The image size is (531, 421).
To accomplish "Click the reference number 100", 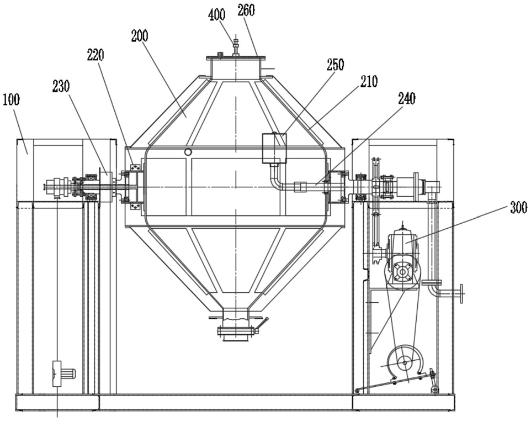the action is [11, 100].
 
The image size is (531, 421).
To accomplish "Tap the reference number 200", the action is [140, 35].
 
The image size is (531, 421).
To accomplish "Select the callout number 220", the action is [95, 55].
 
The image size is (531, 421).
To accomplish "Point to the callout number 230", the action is [61, 86].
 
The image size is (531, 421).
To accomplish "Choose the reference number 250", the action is [335, 65].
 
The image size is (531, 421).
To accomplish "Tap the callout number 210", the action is [369, 81].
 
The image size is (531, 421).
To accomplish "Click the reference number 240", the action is [407, 99].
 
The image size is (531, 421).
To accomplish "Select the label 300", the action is [518, 207].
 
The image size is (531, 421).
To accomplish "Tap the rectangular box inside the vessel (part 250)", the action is [274, 148].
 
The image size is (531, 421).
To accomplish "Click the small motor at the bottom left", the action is [63, 373].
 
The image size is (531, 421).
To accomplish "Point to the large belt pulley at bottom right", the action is [405, 362].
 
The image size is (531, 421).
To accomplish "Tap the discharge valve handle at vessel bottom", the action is [262, 324].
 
